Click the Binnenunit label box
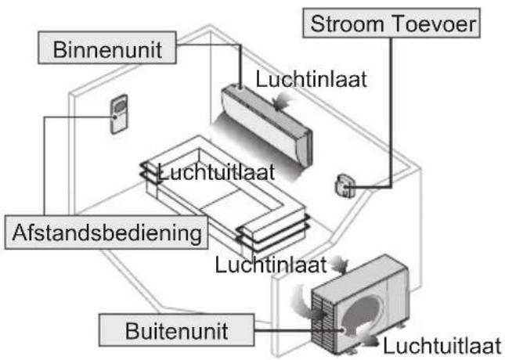tap(106, 50)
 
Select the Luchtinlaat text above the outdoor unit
tap(270, 265)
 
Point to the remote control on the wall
tap(119, 114)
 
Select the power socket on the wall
tap(343, 185)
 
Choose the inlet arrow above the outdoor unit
tap(341, 261)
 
